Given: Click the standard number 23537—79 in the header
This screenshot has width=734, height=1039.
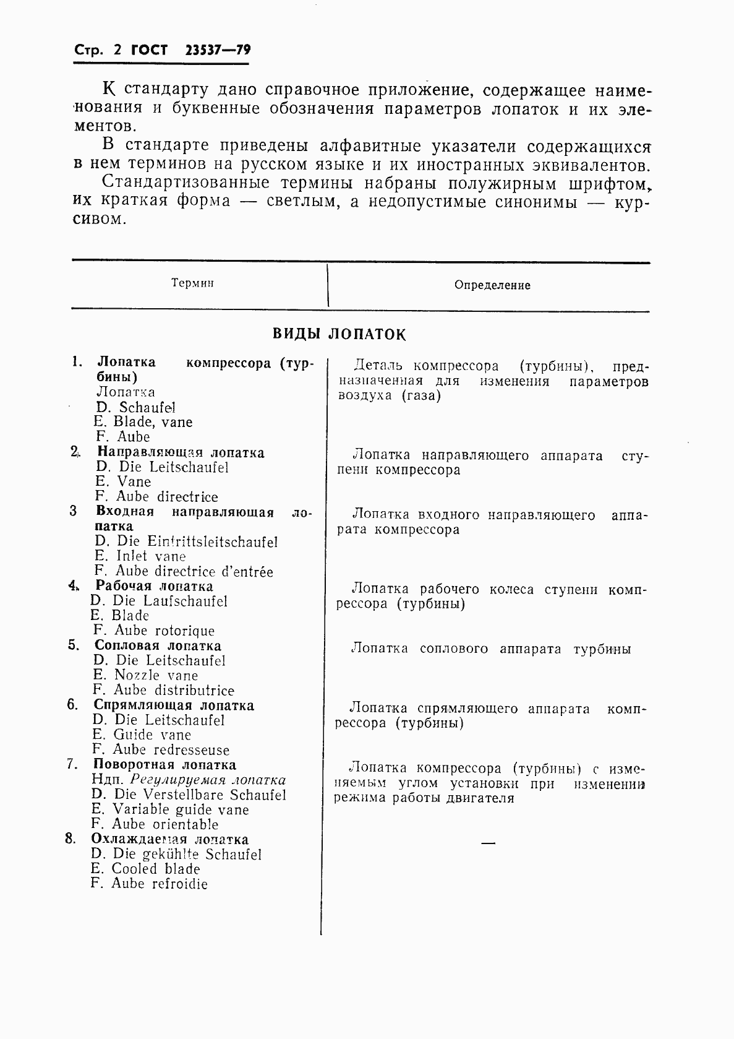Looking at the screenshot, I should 218,51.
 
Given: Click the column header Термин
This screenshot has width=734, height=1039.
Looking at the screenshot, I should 192,283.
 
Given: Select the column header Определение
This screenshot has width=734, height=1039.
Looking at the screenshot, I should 492,285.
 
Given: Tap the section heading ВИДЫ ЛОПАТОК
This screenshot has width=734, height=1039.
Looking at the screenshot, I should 339,334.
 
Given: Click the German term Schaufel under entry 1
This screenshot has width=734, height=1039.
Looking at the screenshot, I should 147,407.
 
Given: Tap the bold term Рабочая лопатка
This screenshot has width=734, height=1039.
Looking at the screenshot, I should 154,586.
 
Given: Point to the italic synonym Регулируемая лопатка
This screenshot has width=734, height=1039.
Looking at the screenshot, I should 208,780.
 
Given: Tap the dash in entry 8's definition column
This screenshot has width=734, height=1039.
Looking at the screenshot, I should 489,843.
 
